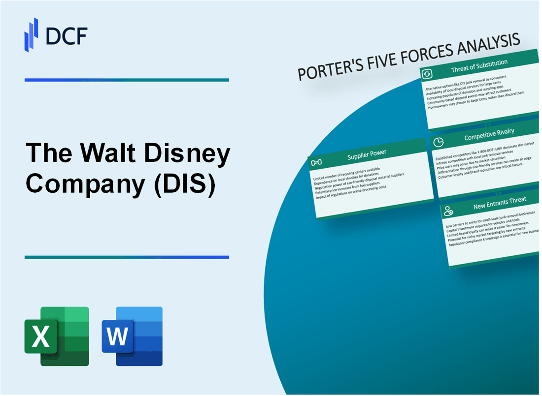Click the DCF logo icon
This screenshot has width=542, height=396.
tap(31, 35)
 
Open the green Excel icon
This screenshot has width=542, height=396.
tap(57, 336)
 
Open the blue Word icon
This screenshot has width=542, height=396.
tap(132, 336)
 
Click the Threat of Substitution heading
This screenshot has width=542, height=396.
tap(479, 69)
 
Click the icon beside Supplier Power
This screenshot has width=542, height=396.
tap(316, 162)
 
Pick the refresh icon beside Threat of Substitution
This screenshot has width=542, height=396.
tap(426, 74)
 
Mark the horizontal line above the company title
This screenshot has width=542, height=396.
tap(127, 80)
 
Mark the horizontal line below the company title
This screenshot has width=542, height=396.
tap(127, 257)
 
